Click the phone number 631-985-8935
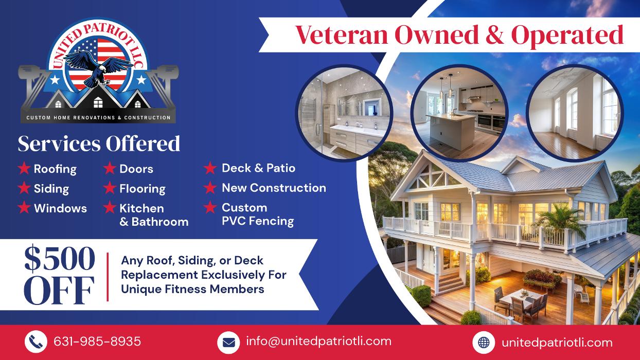pos(97,341)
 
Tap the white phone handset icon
pos(35,341)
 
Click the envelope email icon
pos(228,343)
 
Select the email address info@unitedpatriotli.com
pos(318,341)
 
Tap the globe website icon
pos(484,343)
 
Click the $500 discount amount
pos(60,258)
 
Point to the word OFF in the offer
pos(59,290)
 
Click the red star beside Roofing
pos(24,168)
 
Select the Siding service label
pos(51,189)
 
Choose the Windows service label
pos(60,208)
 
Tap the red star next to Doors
pos(110,168)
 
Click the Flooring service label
pos(143,189)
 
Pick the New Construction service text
pos(274,188)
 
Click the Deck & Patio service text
pos(259,168)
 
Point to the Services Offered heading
pos(99,143)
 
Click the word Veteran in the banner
pos(342,35)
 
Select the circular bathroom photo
pos(344,113)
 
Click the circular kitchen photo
pos(459,113)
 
